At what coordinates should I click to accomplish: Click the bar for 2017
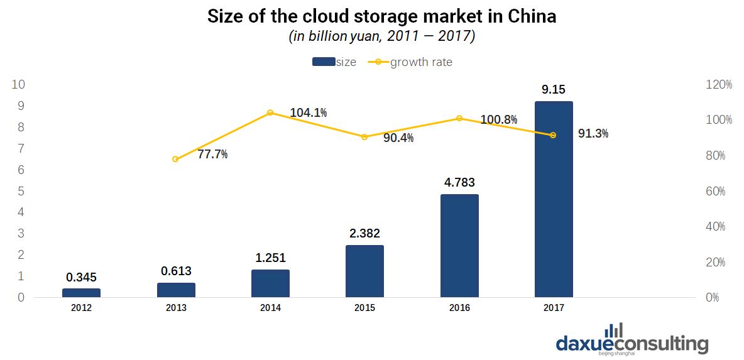pyautogui.click(x=554, y=199)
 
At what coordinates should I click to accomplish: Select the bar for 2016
pyautogui.click(x=459, y=246)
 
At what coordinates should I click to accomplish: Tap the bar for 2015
pyautogui.click(x=364, y=271)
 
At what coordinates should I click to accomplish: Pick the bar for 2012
pyautogui.click(x=81, y=293)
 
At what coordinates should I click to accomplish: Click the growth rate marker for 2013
pyautogui.click(x=175, y=159)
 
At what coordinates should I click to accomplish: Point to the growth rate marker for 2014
pyautogui.click(x=270, y=112)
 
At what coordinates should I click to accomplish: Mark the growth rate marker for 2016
pyautogui.click(x=459, y=118)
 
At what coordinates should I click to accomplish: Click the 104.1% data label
pyautogui.click(x=308, y=113)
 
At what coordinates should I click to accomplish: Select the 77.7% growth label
pyautogui.click(x=212, y=154)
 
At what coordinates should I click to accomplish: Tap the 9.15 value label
pyautogui.click(x=554, y=90)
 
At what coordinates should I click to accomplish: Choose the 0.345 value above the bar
pyautogui.click(x=81, y=278)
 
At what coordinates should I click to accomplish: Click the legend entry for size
pyautogui.click(x=334, y=62)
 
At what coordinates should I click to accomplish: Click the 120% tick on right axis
pyautogui.click(x=719, y=84)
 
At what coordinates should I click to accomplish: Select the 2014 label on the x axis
pyautogui.click(x=270, y=308)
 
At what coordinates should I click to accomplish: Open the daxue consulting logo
pyautogui.click(x=632, y=341)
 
